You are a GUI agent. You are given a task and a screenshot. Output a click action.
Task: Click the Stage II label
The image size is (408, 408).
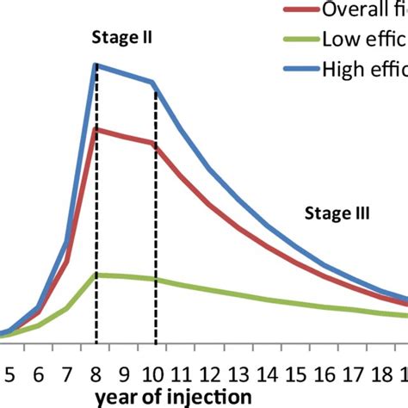pyautogui.click(x=120, y=38)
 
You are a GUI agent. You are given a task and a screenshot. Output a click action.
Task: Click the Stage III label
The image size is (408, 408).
pyautogui.click(x=337, y=213)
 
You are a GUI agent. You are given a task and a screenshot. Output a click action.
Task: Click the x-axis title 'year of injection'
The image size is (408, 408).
pyautogui.click(x=174, y=397)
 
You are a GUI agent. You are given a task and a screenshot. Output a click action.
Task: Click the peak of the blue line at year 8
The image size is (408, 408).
pyautogui.click(x=96, y=65)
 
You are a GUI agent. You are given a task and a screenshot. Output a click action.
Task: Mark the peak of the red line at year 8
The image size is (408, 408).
pyautogui.click(x=96, y=129)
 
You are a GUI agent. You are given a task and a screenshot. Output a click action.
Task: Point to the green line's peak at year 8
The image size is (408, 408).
pyautogui.click(x=96, y=275)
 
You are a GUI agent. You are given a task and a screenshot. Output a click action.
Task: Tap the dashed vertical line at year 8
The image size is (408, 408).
pyautogui.click(x=96, y=215)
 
